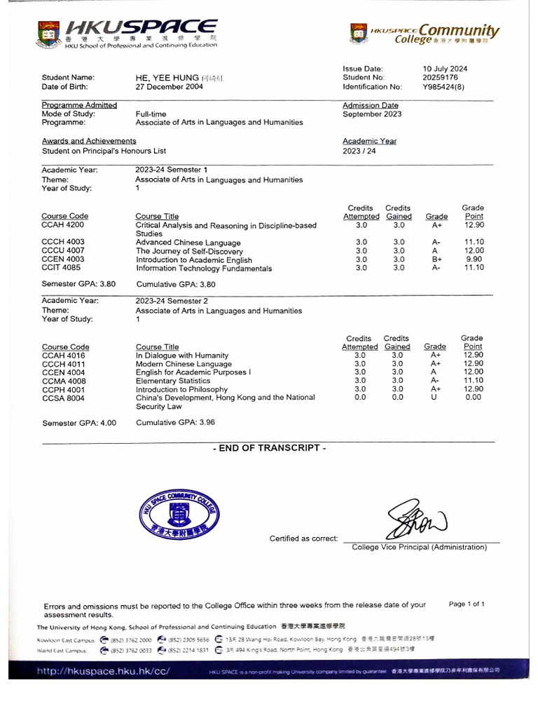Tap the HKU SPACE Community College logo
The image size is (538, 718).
pyautogui.click(x=425, y=33)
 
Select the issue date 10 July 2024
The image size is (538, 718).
pyautogui.click(x=445, y=69)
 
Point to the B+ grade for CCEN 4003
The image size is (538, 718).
pyautogui.click(x=437, y=259)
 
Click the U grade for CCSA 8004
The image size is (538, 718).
pyautogui.click(x=434, y=398)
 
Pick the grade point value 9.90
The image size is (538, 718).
pyautogui.click(x=474, y=259)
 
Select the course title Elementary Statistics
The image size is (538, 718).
pyautogui.click(x=173, y=381)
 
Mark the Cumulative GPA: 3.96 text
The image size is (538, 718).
pyautogui.click(x=175, y=423)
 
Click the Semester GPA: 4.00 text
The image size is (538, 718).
pyautogui.click(x=79, y=423)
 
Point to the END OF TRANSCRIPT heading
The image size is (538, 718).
pyautogui.click(x=269, y=448)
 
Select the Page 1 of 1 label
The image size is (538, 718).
pyautogui.click(x=466, y=604)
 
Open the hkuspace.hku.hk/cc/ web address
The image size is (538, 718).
pyautogui.click(x=104, y=670)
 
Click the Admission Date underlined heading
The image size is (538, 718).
pyautogui.click(x=370, y=105)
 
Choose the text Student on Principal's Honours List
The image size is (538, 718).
pyautogui.click(x=104, y=151)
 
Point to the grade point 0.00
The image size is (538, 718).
pyautogui.click(x=474, y=398)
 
